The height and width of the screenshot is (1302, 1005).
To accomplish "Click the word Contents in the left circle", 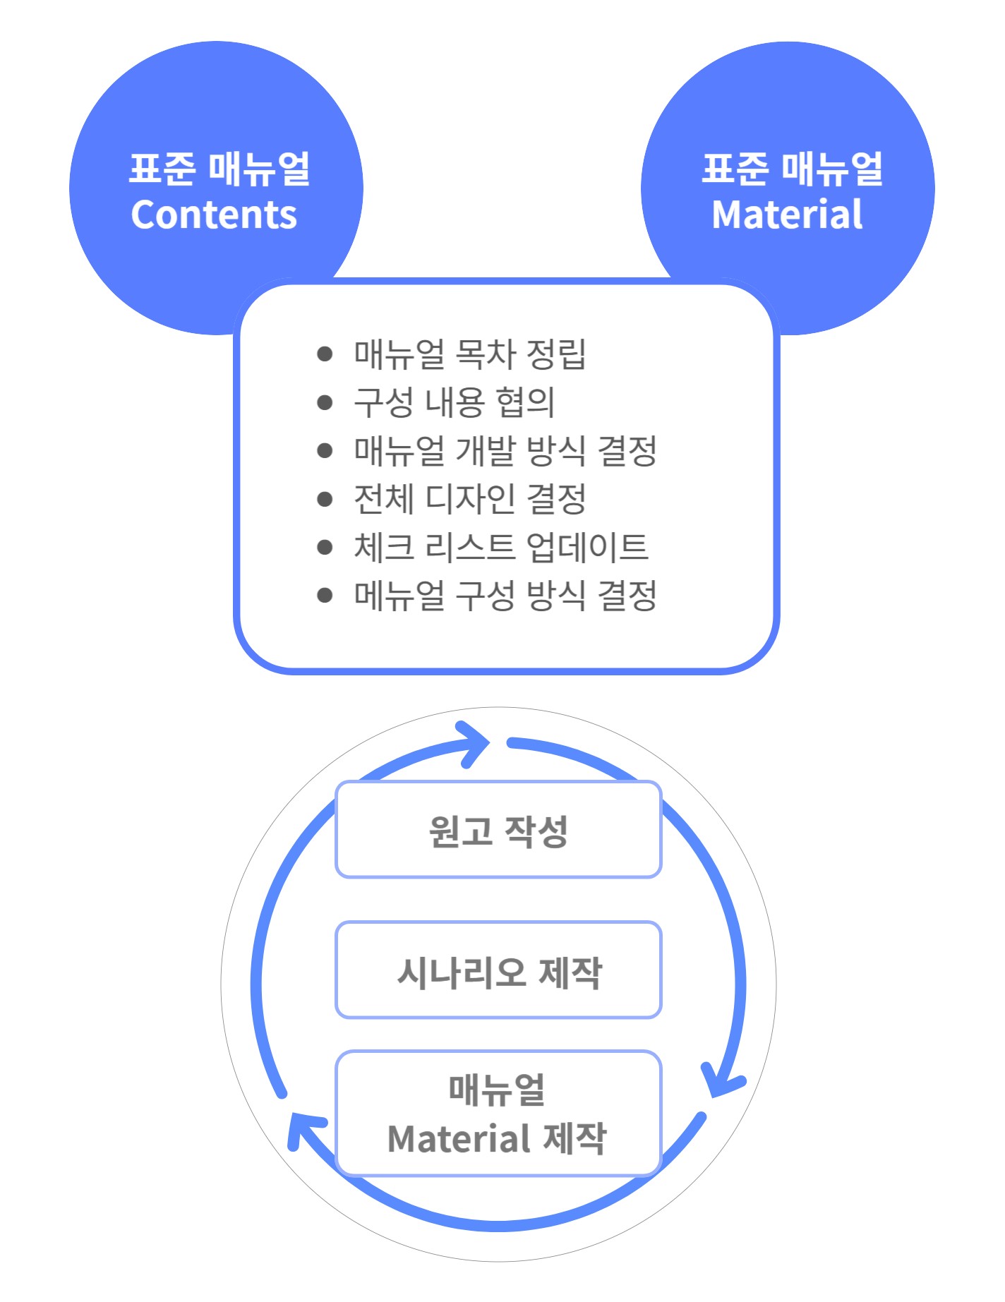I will coord(214,215).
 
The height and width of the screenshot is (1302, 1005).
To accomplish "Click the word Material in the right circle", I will coord(787,215).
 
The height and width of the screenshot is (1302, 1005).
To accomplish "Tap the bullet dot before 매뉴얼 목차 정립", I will coord(325,354).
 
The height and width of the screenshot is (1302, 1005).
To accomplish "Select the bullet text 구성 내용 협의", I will coord(454,402).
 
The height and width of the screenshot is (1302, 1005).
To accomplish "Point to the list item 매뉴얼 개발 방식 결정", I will coord(505,451).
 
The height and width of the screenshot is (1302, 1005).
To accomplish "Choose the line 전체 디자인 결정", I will coord(469,499).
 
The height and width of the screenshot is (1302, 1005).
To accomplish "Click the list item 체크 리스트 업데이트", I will coord(500,547).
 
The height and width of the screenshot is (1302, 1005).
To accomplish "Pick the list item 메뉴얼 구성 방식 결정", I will coord(505,596).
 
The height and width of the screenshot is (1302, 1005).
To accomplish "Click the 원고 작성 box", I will coord(498,830).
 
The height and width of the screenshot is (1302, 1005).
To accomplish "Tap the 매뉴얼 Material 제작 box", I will coord(498,1114).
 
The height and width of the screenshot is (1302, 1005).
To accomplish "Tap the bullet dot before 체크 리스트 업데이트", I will coord(325,547).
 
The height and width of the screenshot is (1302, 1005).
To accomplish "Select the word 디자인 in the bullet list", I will coord(470,499).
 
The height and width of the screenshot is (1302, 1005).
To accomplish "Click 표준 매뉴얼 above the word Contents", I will coord(219,169).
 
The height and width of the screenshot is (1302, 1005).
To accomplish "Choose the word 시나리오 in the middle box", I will coord(462,972).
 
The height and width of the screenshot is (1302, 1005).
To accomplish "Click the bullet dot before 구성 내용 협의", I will coord(325,402).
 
